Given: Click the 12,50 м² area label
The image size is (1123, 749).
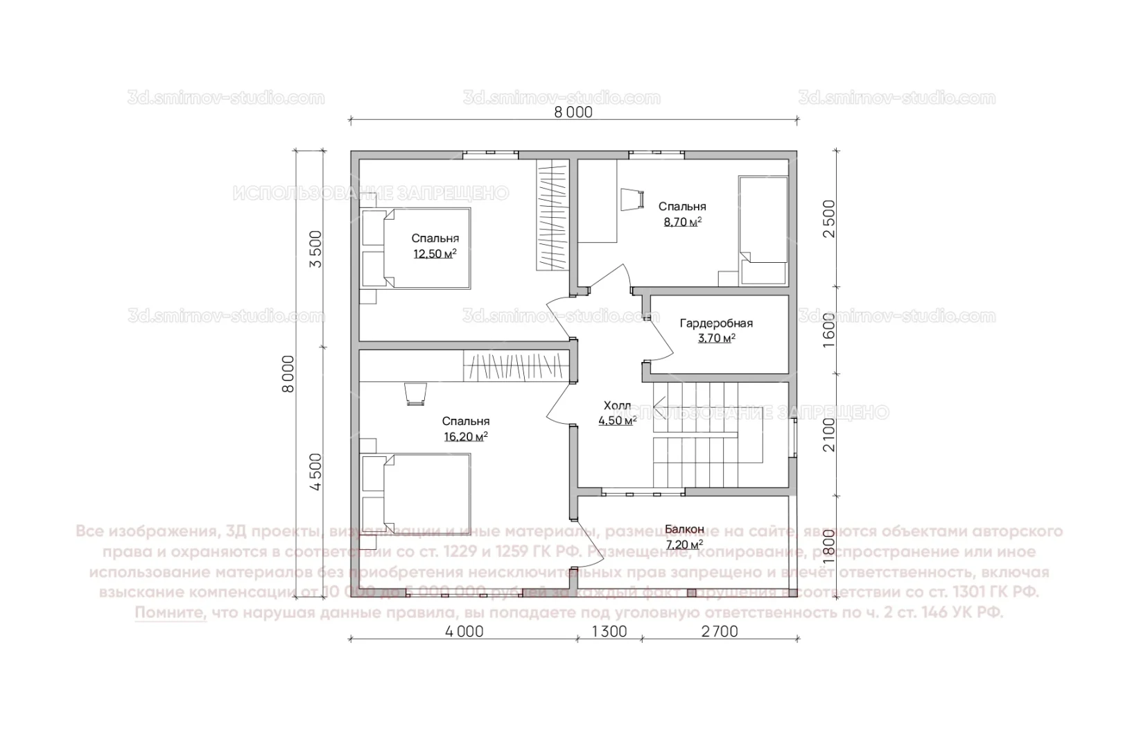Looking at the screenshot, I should coord(435,255).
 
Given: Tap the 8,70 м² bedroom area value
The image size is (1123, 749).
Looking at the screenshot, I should coord(682,222).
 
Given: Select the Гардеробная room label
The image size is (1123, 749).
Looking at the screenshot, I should coord(716,323).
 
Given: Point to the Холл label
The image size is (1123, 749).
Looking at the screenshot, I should coord(617,406).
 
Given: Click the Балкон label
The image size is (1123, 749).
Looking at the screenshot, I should coord(684,530).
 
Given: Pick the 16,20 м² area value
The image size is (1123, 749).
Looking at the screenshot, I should coord(465,437).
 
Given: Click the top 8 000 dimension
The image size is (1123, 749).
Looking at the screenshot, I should coord(573,112).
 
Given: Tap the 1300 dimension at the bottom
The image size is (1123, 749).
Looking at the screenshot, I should coord(609,632).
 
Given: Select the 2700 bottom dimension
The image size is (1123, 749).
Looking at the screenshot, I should coord(720,632).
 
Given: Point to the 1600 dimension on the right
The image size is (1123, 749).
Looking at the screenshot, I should coord(830,329).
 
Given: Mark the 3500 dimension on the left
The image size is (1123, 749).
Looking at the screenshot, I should coord(315,249).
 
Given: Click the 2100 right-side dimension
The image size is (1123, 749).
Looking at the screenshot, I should coord(830,435).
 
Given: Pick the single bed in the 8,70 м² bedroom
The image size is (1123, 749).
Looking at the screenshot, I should coord(764,229).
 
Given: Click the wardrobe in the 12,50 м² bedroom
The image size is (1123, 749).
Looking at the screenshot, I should coord(552,215).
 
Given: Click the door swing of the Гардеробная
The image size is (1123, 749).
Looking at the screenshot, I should coord(659,336).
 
